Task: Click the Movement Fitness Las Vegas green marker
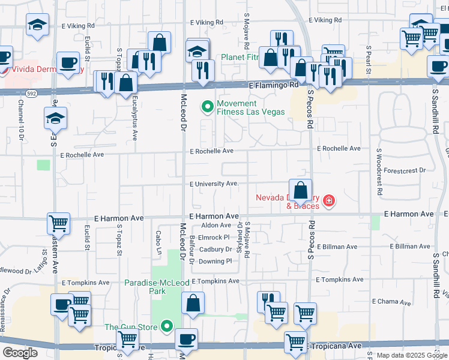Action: [x=208, y=107]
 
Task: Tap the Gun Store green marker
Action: [x=167, y=327]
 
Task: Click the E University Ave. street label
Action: [x=214, y=184]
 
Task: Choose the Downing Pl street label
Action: [x=215, y=261]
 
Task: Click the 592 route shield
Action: [x=31, y=93]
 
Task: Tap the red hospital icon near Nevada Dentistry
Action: [x=328, y=200]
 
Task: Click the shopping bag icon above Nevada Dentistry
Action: [x=300, y=190]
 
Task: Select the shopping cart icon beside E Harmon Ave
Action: [x=59, y=224]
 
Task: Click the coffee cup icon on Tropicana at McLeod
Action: [x=186, y=339]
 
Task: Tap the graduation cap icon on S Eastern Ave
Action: [x=55, y=118]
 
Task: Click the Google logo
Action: [x=20, y=353]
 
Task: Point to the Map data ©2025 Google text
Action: [x=411, y=356]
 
